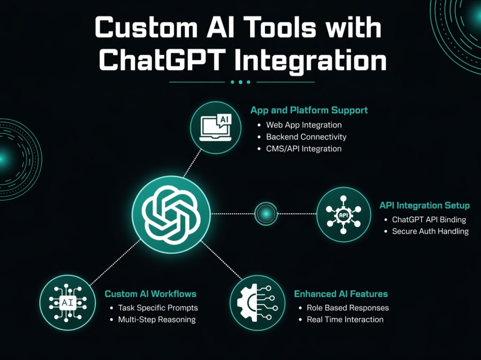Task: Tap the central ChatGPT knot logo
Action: [171, 215]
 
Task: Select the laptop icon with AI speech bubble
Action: [215, 127]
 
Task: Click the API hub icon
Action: [343, 215]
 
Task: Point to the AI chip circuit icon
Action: [67, 303]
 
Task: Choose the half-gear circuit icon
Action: [257, 303]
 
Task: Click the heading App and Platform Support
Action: [309, 110]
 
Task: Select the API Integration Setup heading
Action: [425, 205]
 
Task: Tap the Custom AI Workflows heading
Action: [150, 294]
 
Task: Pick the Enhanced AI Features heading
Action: [341, 294]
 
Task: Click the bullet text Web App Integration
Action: [304, 125]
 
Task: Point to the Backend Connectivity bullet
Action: [306, 137]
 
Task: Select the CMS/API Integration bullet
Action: [304, 149]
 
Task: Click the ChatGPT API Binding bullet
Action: [429, 220]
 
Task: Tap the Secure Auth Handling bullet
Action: [430, 231]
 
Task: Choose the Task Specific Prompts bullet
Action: [158, 308]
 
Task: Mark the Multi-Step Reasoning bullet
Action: [157, 320]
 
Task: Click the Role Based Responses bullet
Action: [348, 308]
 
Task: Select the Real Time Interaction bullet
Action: [345, 320]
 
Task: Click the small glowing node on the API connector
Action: [266, 214]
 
